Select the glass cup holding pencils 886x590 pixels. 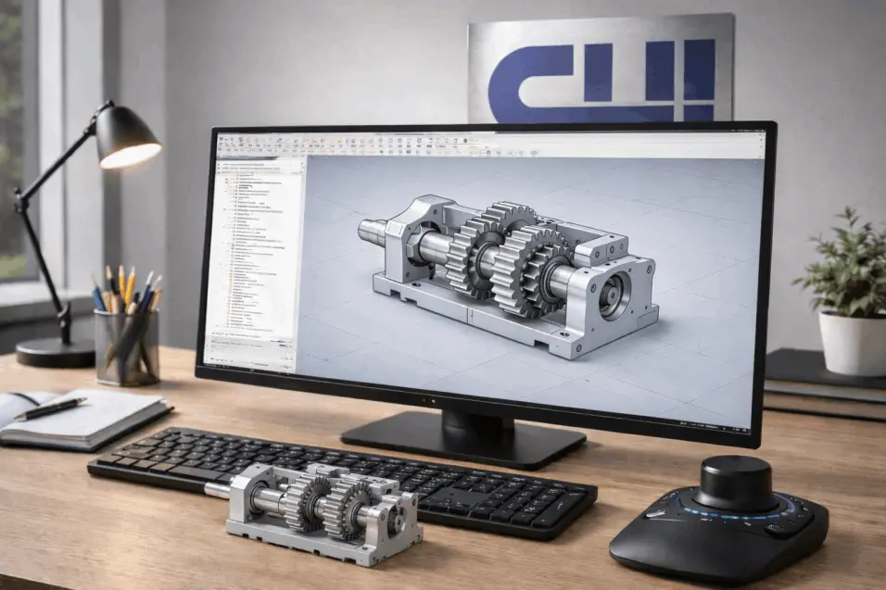coord(126,345)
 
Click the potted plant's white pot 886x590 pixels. coord(851,342)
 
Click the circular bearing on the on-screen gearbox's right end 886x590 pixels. coord(612,295)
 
